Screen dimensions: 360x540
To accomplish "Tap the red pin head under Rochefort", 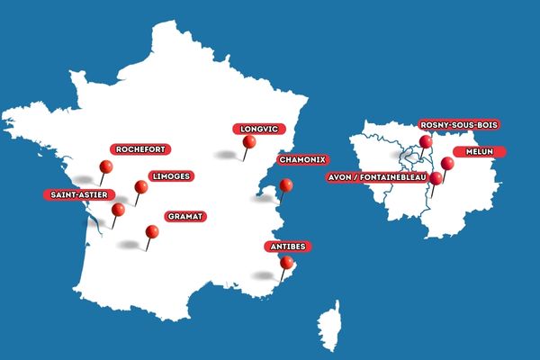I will click(106, 166).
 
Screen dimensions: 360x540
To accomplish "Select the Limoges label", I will click(170, 176).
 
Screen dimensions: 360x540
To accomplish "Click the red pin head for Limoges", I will click(141, 187).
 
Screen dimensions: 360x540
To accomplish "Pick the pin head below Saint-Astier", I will click(118, 210).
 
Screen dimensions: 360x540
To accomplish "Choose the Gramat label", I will click(185, 216).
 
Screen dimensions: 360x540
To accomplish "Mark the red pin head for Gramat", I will click(152, 231).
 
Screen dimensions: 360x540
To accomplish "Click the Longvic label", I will click(253, 128).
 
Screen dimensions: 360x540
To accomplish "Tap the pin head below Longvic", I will click(249, 141).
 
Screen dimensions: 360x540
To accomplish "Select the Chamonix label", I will click(301, 159).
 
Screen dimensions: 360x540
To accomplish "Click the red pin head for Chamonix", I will click(286, 185).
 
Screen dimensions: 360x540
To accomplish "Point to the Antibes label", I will click(289, 246).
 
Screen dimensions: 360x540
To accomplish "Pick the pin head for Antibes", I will click(287, 263).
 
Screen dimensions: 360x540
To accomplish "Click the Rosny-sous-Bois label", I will click(458, 124).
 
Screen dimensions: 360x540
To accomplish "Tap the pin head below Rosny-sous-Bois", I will click(426, 141).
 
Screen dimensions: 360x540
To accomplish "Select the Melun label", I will click(478, 151).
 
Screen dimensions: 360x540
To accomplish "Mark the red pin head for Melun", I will click(447, 163).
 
